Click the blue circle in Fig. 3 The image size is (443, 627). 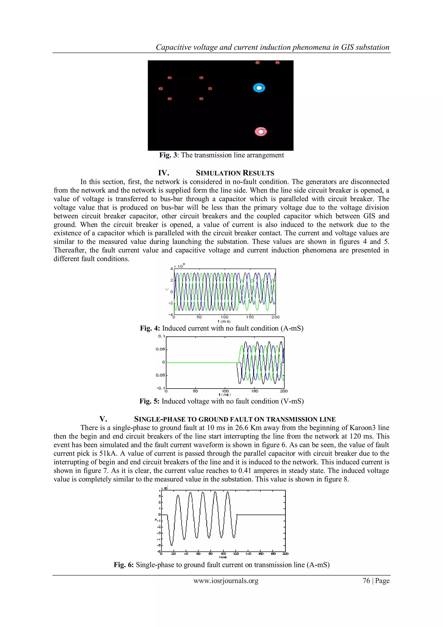(x=259, y=88)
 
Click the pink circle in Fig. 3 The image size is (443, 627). (x=261, y=132)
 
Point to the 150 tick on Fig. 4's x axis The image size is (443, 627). (x=250, y=317)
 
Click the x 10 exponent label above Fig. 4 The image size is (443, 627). (x=179, y=266)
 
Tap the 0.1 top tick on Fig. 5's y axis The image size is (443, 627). (x=162, y=336)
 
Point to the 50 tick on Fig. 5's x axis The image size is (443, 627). (x=195, y=391)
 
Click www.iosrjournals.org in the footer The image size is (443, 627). (x=226, y=581)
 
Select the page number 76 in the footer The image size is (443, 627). (x=366, y=581)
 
